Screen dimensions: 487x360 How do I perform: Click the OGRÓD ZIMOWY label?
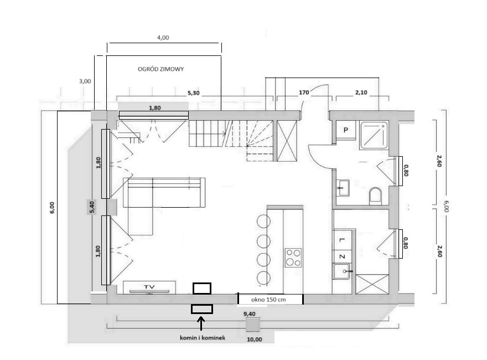[160, 69]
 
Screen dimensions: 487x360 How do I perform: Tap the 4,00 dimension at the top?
[163, 38]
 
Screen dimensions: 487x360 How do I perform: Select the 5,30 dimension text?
[194, 93]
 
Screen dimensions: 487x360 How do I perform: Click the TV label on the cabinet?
[149, 287]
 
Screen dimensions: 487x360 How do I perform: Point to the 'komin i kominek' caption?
[203, 338]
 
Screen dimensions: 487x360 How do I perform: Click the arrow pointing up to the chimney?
[201, 323]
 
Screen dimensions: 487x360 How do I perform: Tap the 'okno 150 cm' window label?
[268, 300]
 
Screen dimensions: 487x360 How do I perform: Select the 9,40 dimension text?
[250, 314]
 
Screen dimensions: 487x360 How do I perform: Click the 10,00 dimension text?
[255, 340]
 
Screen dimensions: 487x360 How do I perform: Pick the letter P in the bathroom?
[346, 130]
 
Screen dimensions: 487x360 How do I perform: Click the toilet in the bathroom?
[376, 196]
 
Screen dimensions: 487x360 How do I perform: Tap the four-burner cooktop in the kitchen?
[293, 258]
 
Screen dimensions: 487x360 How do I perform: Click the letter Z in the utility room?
[342, 257]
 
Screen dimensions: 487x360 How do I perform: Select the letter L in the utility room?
[342, 240]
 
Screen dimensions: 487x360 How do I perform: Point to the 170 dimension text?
[304, 92]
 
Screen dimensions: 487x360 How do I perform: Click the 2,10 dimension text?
[361, 92]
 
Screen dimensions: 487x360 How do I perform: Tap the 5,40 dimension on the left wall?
[92, 207]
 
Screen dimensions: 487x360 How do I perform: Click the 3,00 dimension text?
[85, 81]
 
